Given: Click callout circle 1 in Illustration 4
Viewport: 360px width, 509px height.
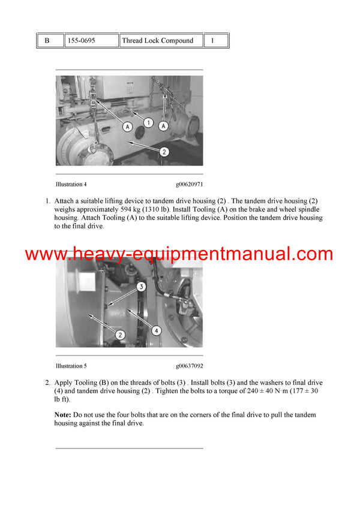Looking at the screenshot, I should coord(149,122).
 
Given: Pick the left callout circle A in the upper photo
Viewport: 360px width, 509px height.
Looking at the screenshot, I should coord(127,127).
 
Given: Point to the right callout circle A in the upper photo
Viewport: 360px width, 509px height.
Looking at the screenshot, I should coord(163,127).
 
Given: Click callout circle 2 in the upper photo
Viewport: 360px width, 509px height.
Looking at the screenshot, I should coord(164,152).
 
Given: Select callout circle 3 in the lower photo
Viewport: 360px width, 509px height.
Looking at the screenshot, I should coord(140,287).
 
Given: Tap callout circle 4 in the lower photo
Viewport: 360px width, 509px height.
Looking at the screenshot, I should coord(156,330).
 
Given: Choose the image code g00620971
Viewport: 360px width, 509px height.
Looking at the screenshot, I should coord(189,184).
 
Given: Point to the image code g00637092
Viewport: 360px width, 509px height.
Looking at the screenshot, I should coord(189,366).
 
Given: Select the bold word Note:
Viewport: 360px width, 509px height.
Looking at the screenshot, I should coord(63,415).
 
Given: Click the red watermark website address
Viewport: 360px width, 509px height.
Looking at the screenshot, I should coord(179,254).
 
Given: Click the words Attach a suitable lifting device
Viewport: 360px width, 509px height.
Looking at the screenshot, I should coord(96,201).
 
